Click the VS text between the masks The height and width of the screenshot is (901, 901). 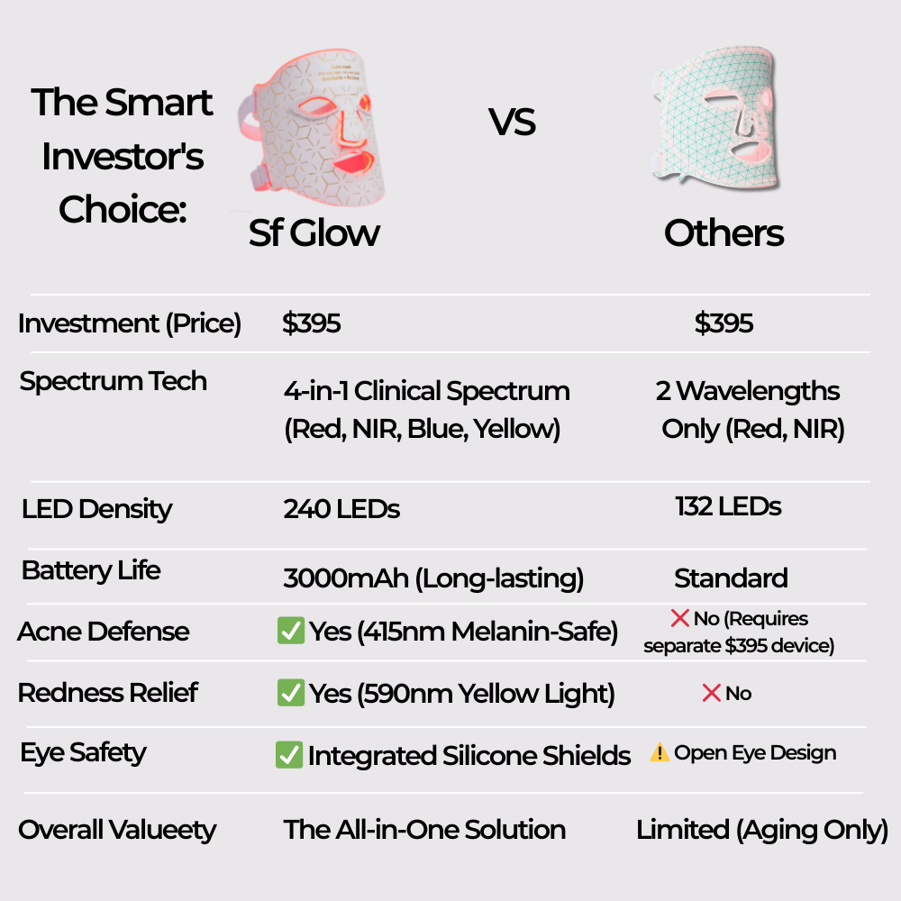pos(513,122)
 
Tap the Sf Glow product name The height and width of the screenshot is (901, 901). pos(314,232)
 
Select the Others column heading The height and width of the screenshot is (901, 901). pos(724,233)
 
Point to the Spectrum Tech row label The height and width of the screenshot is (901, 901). pos(114,381)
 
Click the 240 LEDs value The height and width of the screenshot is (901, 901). pos(341,509)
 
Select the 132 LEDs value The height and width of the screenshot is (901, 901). pos(728,506)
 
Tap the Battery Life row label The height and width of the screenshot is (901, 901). pos(91,570)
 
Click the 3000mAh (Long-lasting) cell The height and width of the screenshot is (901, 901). pos(433,578)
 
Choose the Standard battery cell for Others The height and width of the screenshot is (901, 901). pos(731,578)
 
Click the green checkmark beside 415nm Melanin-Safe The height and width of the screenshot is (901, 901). pos(290,632)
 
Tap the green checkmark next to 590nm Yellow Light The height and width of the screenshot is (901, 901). pos(290,693)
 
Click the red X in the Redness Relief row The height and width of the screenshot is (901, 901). pos(711,693)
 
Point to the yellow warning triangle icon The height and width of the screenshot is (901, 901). pos(660,753)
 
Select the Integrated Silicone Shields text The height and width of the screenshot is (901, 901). pos(469,756)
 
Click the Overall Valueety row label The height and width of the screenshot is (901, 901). pos(117,830)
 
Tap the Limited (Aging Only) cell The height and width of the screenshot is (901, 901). pos(762,830)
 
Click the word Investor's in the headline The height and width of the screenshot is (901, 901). pos(123,157)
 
